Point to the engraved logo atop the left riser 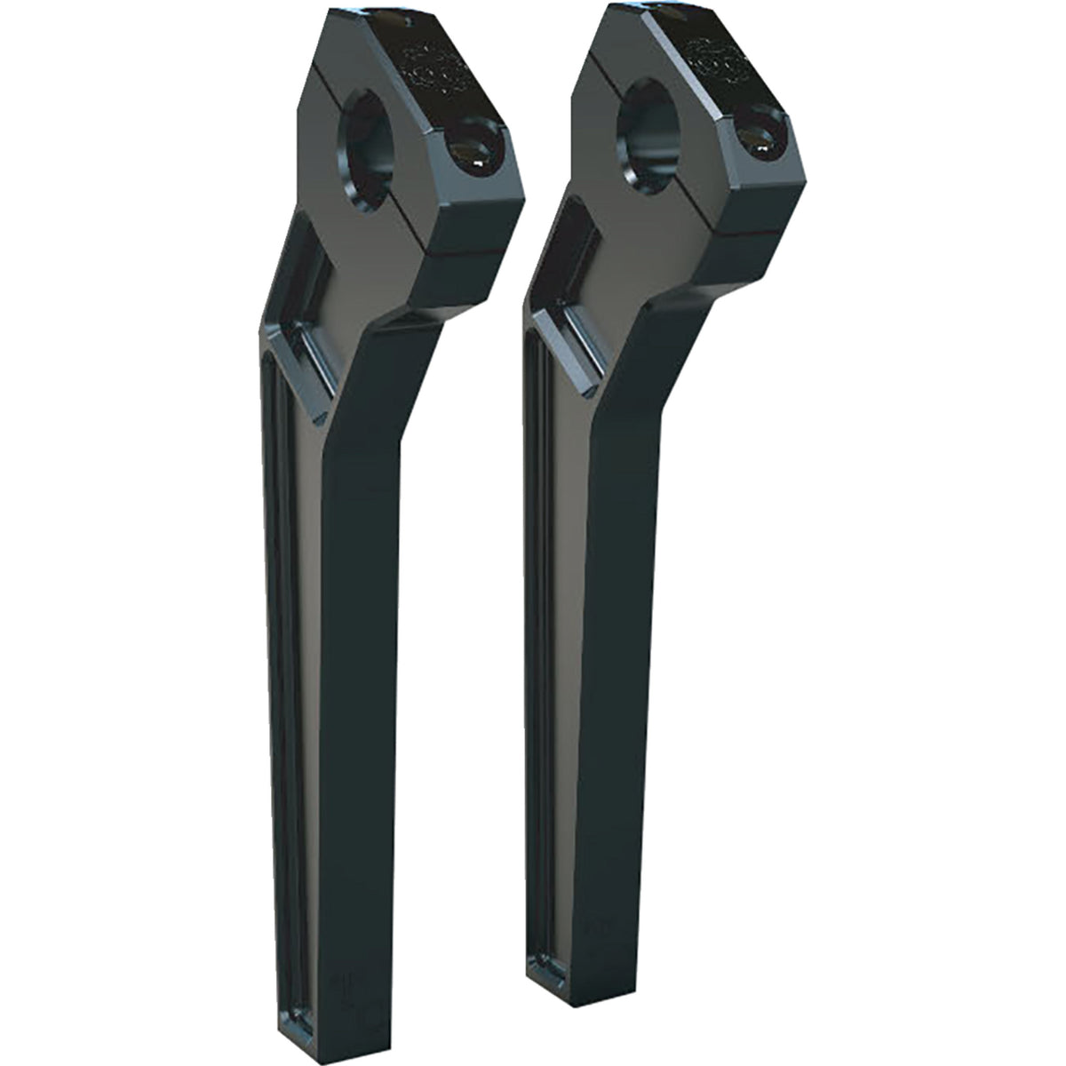(435, 67)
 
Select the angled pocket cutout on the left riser (308, 293)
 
